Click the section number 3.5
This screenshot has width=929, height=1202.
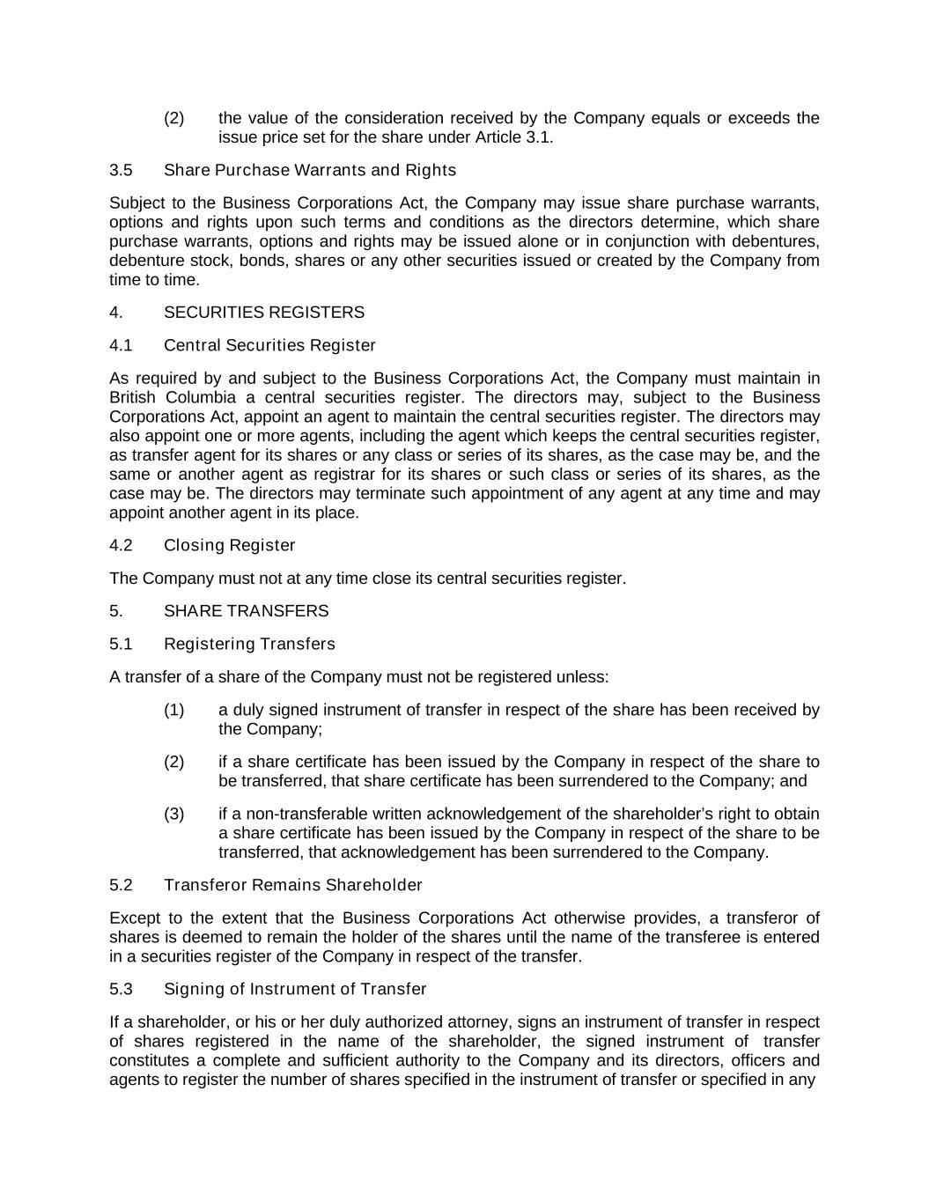coord(121,170)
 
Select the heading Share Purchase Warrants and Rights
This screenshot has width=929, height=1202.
coord(310,170)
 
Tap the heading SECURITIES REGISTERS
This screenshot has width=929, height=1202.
coord(263,313)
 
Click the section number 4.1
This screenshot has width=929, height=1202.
coord(121,345)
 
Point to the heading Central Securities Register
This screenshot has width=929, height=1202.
coord(269,345)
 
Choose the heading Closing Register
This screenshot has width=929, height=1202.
coord(229,545)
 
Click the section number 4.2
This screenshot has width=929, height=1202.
coord(121,545)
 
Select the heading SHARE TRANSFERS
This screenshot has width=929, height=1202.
coord(246,611)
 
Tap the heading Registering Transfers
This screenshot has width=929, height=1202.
coord(249,644)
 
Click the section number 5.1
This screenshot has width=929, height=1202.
coord(121,644)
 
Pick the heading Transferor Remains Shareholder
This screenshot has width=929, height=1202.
coord(292,885)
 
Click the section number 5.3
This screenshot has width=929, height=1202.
coord(121,989)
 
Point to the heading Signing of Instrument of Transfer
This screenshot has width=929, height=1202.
coord(295,989)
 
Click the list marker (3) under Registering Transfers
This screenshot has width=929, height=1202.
coord(173,814)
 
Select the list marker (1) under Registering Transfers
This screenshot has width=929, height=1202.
coord(173,710)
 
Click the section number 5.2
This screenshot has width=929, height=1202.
coord(121,885)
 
